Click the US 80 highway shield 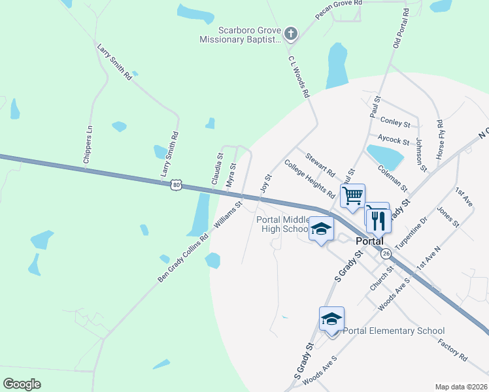(x=175, y=185)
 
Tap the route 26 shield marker (x=387, y=253)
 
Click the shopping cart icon (x=352, y=195)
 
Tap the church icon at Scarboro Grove (x=291, y=33)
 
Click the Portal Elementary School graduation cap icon (x=331, y=319)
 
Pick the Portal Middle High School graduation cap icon (x=320, y=229)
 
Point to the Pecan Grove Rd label (x=339, y=13)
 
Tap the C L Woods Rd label (x=297, y=76)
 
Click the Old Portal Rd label (x=401, y=27)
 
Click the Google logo (x=22, y=384)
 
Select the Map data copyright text (x=461, y=387)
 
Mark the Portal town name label (x=369, y=240)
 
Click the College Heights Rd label (x=309, y=179)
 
